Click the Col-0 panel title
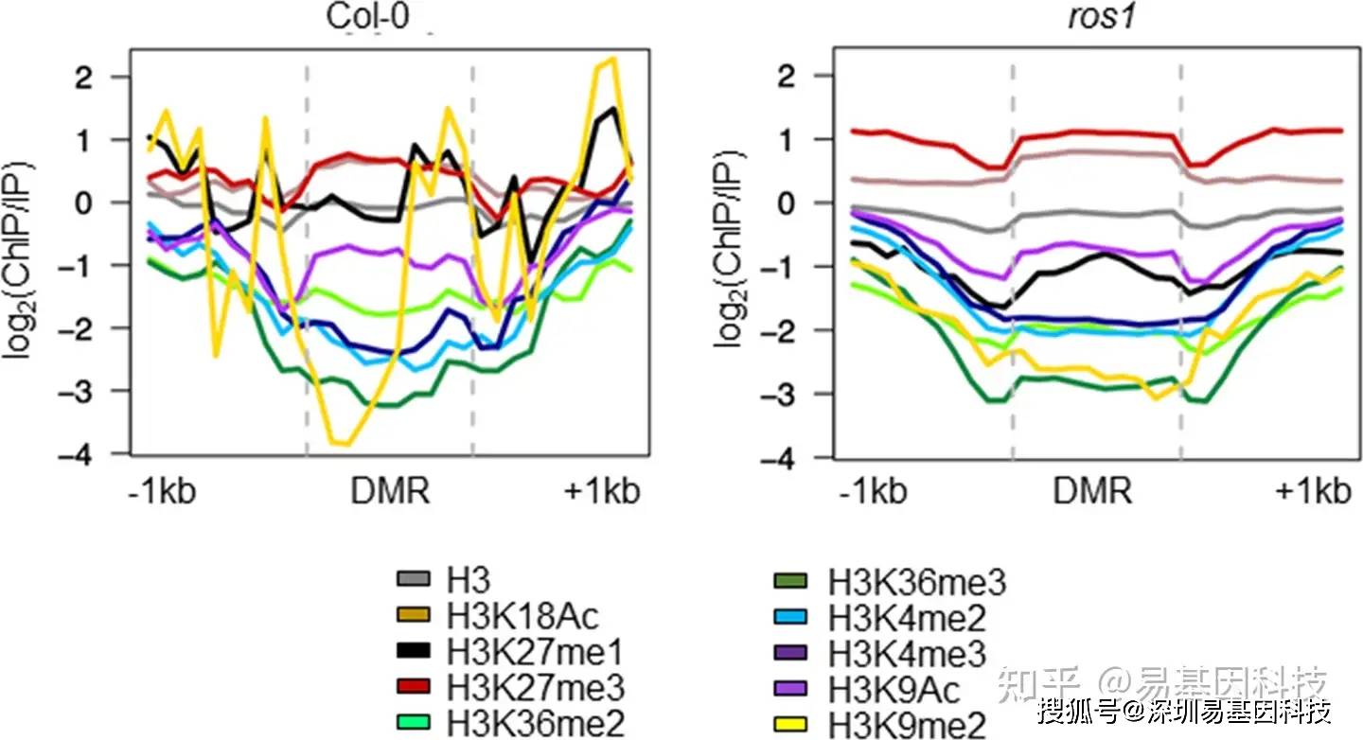coord(368,16)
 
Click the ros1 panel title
coord(1102,16)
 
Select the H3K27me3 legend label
coord(536,688)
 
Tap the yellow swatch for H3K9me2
coord(790,724)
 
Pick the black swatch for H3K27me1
coord(413,651)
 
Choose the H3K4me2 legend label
coord(907,618)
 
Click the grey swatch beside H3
coord(413,578)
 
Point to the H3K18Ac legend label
coord(522,616)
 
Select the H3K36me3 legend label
coord(917,582)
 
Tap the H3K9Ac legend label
coord(894,690)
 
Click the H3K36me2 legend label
coord(536,724)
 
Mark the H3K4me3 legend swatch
coord(790,653)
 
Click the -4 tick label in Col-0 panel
coord(75,455)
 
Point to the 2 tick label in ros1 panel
coord(786,77)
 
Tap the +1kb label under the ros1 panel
coord(1313,491)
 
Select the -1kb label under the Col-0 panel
coord(162,491)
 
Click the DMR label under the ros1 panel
coord(1092,491)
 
